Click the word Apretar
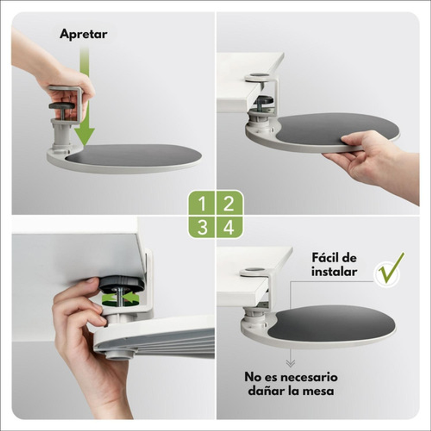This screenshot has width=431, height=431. [x=84, y=34]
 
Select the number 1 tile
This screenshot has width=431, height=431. [x=202, y=203]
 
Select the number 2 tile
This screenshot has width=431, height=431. [x=229, y=203]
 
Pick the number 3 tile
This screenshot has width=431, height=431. [x=202, y=227]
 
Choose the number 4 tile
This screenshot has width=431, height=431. [x=229, y=227]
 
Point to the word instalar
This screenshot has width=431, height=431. [x=334, y=272]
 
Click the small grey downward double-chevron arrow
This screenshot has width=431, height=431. [x=290, y=363]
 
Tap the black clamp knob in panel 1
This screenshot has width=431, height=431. [x=62, y=106]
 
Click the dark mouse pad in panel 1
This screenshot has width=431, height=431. [x=134, y=155]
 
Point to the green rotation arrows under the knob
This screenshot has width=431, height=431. [x=120, y=298]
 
